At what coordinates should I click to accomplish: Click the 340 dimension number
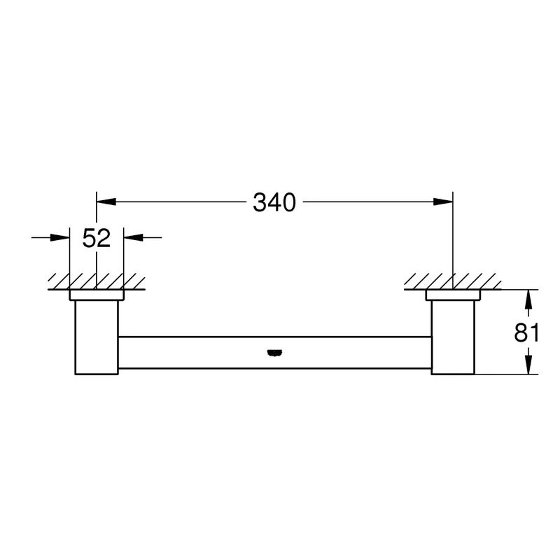tap(274, 202)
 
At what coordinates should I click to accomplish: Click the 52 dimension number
tap(97, 238)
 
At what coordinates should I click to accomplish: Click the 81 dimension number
tap(526, 332)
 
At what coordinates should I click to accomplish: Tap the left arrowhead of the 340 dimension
tap(106, 202)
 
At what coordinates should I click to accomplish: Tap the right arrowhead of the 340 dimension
tap(443, 202)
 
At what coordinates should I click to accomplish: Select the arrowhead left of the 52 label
tap(59, 237)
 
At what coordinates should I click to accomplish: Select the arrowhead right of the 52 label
tap(133, 237)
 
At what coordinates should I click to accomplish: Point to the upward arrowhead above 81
tap(528, 299)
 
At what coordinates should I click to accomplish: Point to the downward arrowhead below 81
tap(528, 365)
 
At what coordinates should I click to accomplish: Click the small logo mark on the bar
tap(274, 353)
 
